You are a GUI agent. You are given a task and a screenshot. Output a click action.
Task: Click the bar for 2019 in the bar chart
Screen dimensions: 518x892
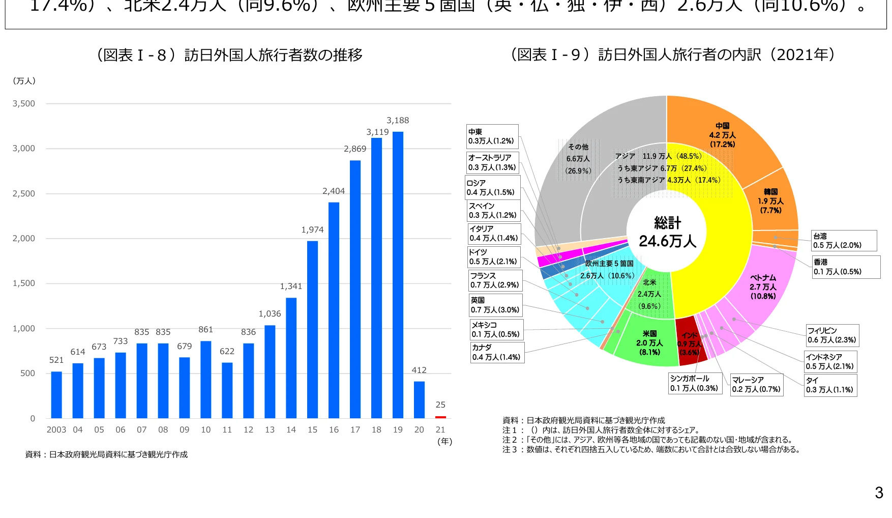398,275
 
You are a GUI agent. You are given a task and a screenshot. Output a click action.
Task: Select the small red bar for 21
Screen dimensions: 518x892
440,417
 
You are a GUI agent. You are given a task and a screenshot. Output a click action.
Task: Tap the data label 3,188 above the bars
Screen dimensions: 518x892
398,121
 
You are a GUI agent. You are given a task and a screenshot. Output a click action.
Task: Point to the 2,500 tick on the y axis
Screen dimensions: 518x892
24,194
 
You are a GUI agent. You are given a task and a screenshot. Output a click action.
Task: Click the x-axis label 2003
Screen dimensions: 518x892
56,430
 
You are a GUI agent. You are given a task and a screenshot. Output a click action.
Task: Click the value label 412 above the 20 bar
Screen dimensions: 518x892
419,370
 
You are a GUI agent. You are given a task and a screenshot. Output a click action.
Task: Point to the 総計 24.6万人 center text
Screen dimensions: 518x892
667,232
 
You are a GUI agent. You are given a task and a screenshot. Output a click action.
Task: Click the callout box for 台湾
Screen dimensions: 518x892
844,241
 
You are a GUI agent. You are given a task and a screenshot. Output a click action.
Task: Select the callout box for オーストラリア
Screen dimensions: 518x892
492,162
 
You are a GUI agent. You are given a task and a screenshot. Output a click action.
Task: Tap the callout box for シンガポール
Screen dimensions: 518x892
695,383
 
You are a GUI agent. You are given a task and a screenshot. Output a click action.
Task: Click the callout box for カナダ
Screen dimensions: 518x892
497,352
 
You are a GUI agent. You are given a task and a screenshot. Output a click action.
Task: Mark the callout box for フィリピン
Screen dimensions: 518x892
832,335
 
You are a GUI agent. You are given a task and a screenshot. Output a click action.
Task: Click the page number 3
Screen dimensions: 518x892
879,493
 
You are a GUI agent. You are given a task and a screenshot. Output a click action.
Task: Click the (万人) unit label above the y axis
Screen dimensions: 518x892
24,81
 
